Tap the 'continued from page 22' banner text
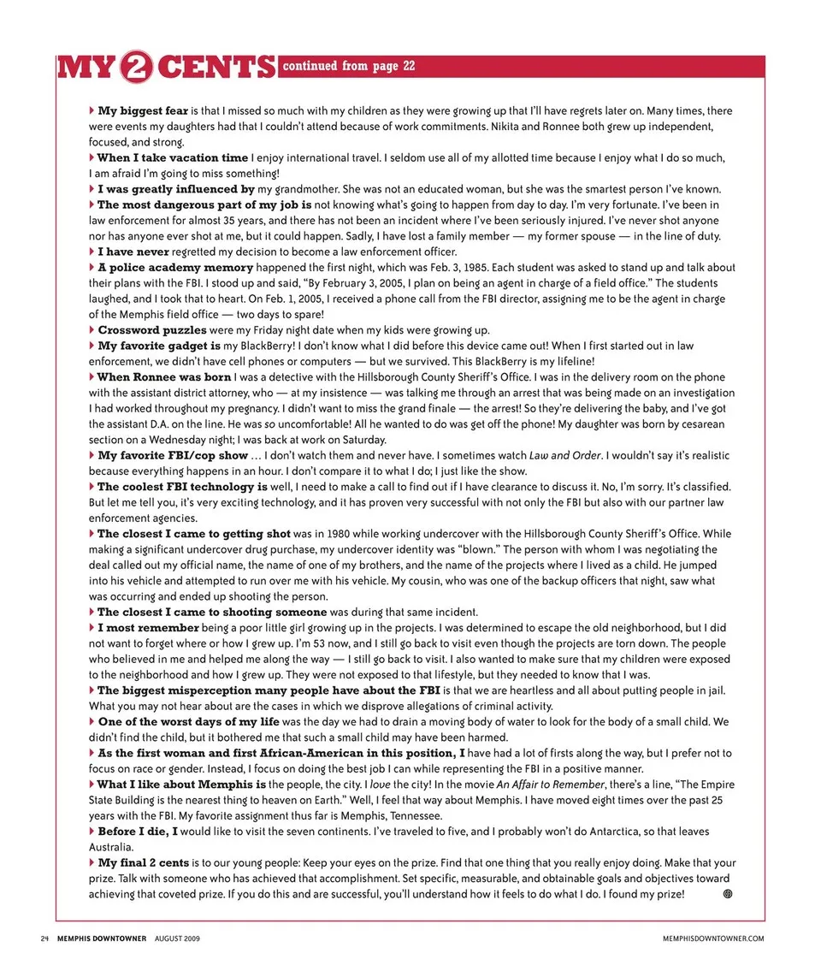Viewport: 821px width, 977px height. tap(348, 66)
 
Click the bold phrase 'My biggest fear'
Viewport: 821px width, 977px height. tap(143, 111)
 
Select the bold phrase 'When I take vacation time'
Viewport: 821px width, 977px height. tap(172, 158)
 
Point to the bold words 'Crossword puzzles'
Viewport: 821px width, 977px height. tap(151, 330)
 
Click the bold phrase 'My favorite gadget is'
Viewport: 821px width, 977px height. tap(159, 346)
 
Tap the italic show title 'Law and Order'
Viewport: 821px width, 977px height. tap(561, 455)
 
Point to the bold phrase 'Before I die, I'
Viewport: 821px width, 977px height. tap(138, 832)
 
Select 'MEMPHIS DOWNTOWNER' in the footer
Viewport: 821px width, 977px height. tap(102, 939)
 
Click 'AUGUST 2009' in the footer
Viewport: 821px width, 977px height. tap(178, 939)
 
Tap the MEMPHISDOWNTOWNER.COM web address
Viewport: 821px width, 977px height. tap(713, 939)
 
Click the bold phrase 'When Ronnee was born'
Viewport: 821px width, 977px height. tap(164, 377)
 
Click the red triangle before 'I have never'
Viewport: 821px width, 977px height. tap(92, 252)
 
